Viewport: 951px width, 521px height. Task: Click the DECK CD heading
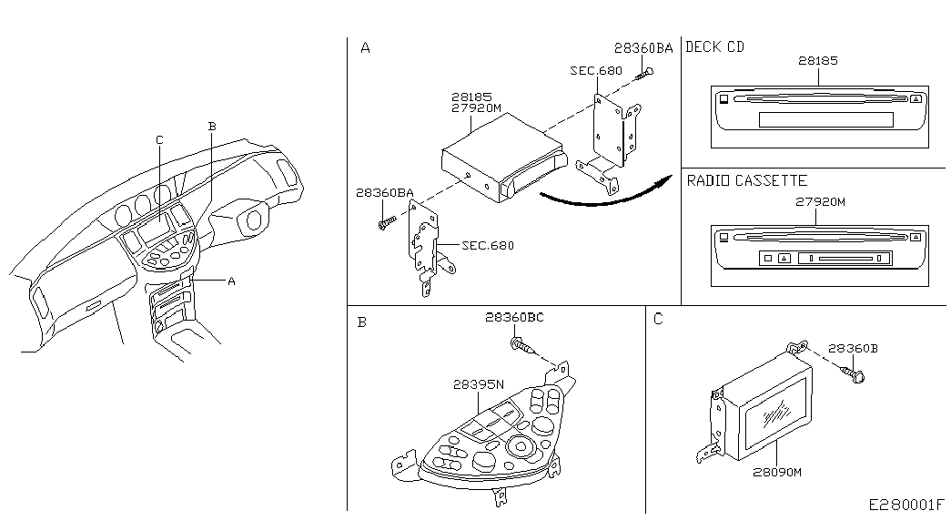tap(714, 47)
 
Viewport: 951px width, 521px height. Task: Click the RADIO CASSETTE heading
tap(746, 181)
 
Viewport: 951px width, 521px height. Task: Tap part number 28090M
tap(776, 472)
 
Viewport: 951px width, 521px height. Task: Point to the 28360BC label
tap(514, 317)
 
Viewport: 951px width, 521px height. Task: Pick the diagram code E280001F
tap(906, 505)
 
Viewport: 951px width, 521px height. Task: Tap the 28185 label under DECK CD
tap(818, 61)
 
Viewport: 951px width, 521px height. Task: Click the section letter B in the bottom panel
tap(362, 322)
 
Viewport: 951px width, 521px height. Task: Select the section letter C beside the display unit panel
tap(659, 319)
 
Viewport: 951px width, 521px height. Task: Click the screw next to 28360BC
tap(521, 344)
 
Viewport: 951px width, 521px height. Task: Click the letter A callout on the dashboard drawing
tap(231, 281)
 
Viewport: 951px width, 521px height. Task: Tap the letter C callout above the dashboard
tap(159, 139)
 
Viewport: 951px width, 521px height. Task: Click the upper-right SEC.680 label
tap(596, 70)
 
